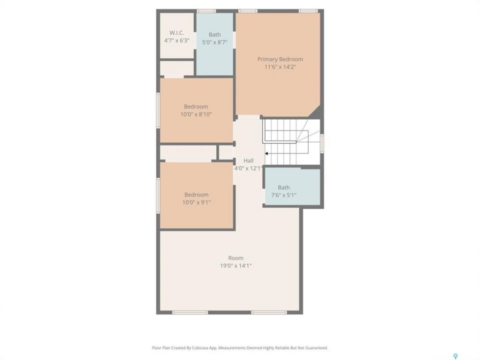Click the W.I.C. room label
(176, 33)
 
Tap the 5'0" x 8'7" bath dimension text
(214, 42)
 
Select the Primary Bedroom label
(280, 59)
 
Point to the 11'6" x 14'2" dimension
(280, 67)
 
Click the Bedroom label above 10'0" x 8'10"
(196, 106)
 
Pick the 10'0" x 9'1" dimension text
(196, 202)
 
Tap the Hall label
(248, 160)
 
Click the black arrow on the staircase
(266, 153)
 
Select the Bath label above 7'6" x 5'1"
(284, 187)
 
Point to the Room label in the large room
(235, 258)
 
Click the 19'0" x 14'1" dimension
(235, 265)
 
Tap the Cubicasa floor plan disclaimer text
(240, 348)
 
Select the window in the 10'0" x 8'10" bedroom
(158, 110)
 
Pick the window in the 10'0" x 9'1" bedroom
(158, 195)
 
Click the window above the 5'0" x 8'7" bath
(206, 11)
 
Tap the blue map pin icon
(455, 356)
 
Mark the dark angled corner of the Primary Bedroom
(316, 112)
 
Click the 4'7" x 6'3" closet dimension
(176, 40)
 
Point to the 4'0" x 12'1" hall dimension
(248, 168)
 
